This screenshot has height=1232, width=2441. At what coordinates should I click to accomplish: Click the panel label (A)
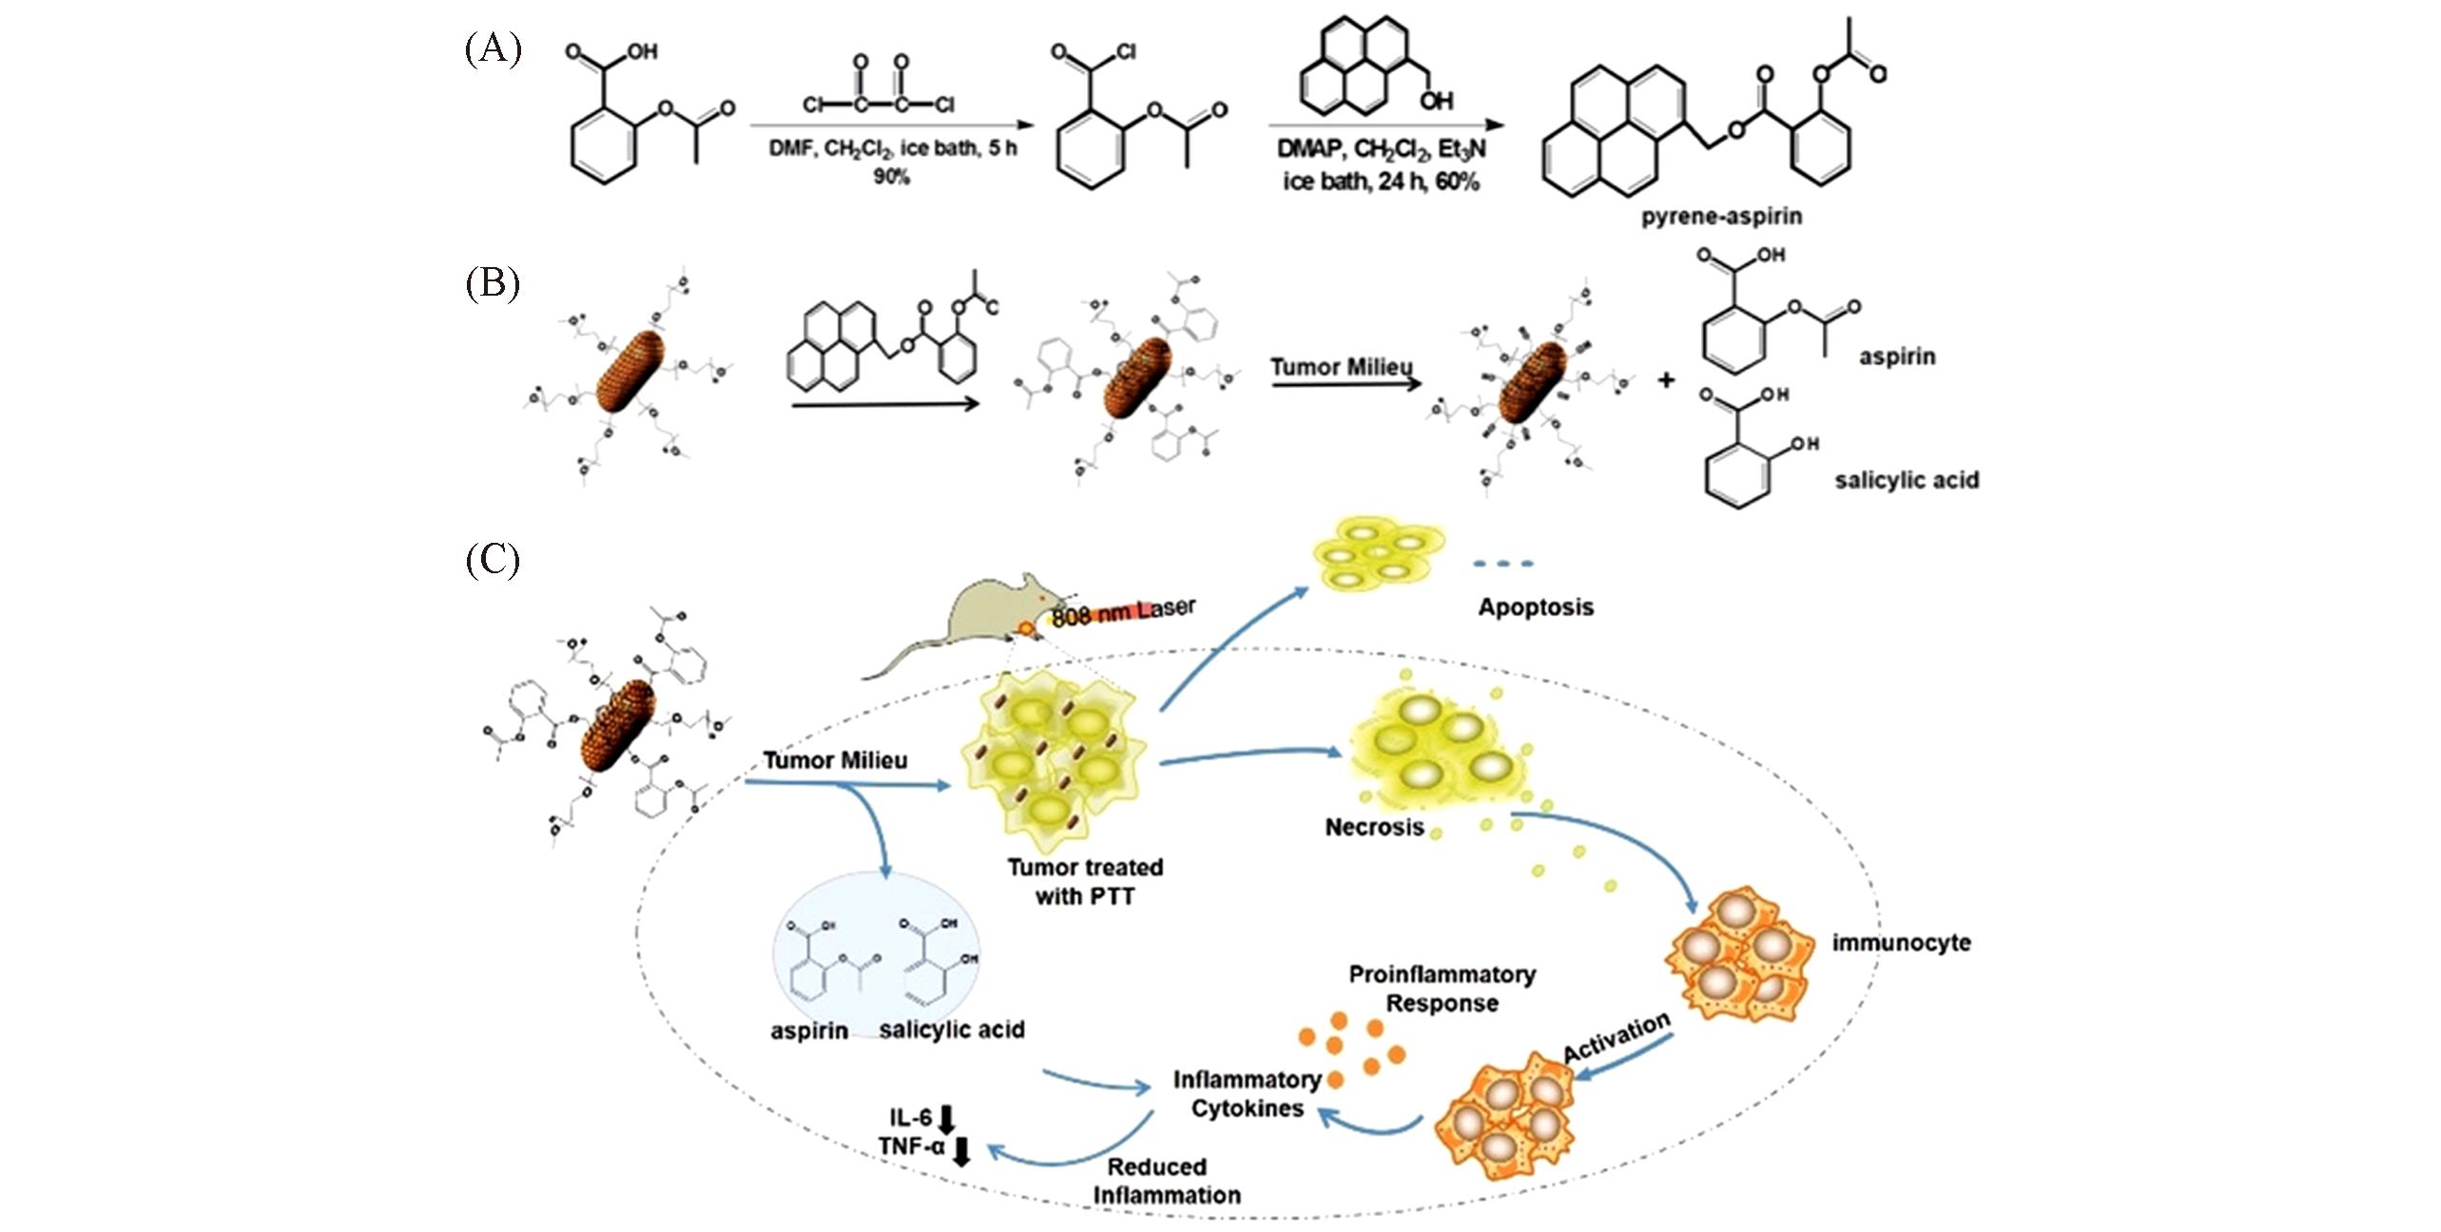[493, 48]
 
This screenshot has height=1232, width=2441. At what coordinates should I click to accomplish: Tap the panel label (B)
[492, 284]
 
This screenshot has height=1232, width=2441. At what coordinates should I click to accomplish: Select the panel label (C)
[492, 560]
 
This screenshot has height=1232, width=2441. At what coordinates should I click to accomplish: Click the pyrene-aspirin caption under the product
[1720, 217]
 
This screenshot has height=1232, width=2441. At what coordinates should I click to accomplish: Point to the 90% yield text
[891, 177]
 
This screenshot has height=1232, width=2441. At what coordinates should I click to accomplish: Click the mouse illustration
[960, 627]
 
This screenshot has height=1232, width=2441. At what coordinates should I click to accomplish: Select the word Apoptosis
[1535, 607]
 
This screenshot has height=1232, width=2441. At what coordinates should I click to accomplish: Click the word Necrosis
[1374, 827]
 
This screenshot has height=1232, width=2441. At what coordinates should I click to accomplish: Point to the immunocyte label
[1901, 943]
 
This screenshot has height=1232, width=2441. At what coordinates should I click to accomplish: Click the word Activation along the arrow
[1617, 1037]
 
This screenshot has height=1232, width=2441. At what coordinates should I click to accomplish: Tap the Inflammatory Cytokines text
[1247, 1094]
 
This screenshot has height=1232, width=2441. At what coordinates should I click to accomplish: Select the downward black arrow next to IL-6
[947, 1118]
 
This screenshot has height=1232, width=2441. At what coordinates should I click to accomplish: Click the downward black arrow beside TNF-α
[961, 1150]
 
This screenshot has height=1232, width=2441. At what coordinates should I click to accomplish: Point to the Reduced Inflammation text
[1166, 1181]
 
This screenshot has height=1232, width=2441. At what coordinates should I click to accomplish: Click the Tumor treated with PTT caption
[1085, 881]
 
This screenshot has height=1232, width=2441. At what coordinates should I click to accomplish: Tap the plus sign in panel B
[1665, 380]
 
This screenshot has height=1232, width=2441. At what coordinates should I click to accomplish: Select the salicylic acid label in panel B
[1907, 480]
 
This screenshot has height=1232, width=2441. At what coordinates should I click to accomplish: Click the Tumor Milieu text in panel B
[1341, 367]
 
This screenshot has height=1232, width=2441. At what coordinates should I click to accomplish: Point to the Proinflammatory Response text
[1442, 989]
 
